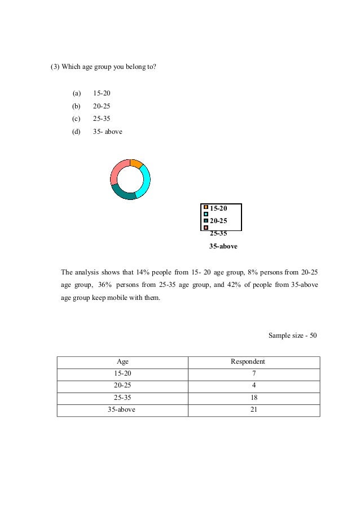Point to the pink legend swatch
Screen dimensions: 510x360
[x=206, y=227]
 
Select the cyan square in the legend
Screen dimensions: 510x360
[x=206, y=214]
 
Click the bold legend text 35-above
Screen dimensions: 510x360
[x=223, y=246]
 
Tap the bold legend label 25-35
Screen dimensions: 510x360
[x=218, y=233]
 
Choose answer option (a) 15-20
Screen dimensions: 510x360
[x=102, y=93]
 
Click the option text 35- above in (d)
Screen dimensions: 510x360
[x=108, y=132]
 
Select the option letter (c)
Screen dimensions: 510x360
[x=76, y=119]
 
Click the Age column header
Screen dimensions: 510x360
[x=122, y=361]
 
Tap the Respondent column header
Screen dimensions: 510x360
[x=248, y=361]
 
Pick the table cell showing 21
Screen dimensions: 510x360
[x=253, y=409]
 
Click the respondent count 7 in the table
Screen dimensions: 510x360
[x=253, y=374]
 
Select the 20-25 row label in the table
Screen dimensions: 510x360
[x=122, y=386]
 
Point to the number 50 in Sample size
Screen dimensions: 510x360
[x=313, y=335]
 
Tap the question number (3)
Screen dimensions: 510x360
[x=55, y=67]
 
